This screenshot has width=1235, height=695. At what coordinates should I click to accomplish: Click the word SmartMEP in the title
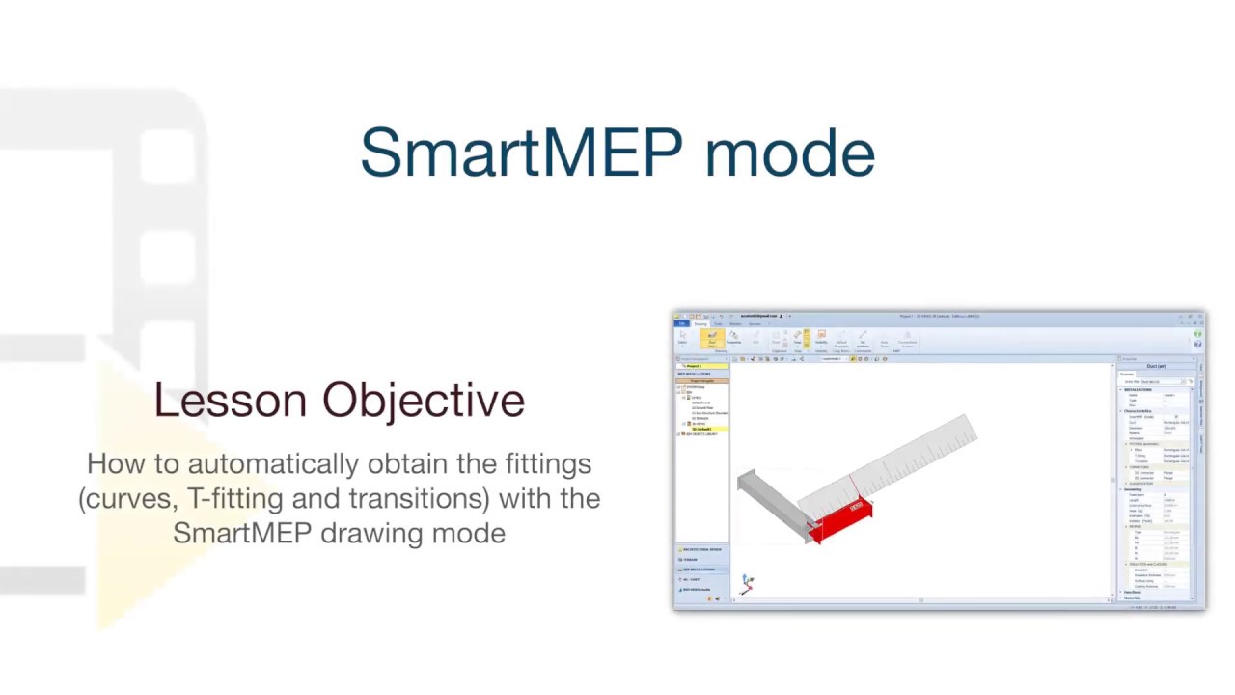coord(521,153)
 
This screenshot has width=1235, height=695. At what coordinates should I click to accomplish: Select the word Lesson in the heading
coord(231,400)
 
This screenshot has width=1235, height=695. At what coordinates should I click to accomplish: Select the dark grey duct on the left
coord(772,497)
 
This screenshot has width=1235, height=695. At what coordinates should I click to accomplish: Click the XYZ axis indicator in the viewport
coord(747,583)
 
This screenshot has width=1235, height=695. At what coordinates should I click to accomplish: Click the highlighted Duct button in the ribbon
coord(712,338)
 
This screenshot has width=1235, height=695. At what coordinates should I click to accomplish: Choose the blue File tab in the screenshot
coord(681,324)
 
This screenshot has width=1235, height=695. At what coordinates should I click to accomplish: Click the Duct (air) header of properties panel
coord(1156,367)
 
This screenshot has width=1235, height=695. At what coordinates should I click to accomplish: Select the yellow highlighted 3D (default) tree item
coord(701,429)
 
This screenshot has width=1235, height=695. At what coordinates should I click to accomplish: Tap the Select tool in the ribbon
coord(682,338)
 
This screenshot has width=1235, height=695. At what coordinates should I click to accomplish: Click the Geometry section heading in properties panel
coord(1133,489)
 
